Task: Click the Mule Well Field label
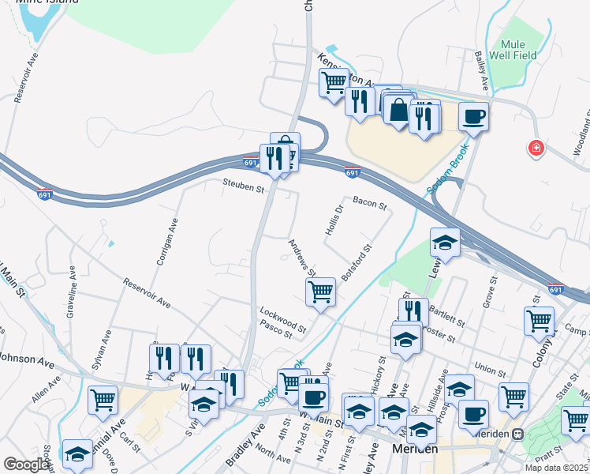[517, 49]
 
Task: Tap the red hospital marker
[536, 148]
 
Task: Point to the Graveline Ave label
[73, 297]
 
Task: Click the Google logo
[26, 465]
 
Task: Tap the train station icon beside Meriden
[518, 434]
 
